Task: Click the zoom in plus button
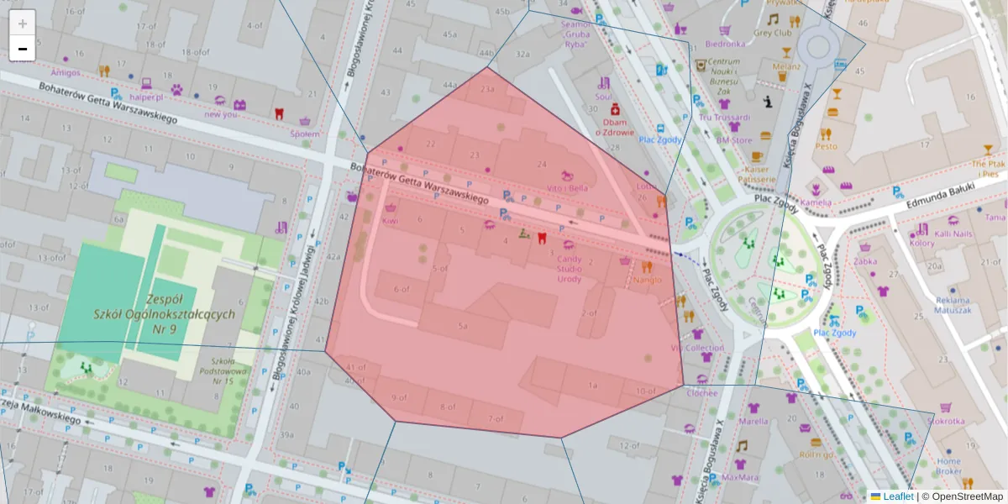click(x=23, y=23)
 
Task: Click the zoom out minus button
click(x=23, y=49)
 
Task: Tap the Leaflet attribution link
click(x=897, y=496)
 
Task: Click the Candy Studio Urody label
click(x=569, y=268)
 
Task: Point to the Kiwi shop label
click(x=390, y=220)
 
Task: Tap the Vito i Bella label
click(x=567, y=188)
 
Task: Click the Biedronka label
click(x=725, y=44)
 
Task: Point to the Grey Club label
click(x=773, y=34)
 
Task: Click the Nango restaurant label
click(x=648, y=280)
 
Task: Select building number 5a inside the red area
click(x=462, y=325)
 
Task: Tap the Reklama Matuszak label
click(x=953, y=305)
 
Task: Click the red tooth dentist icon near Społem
click(x=280, y=113)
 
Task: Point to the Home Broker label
click(x=949, y=466)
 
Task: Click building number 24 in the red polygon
click(x=542, y=164)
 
